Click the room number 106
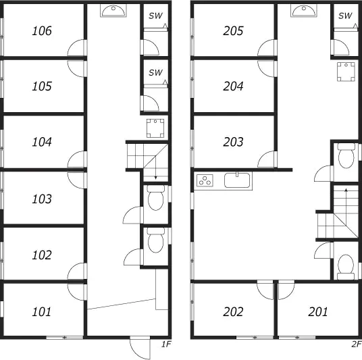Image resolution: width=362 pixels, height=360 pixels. pos(42,30)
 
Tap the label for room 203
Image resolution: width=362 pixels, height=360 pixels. pos(233,142)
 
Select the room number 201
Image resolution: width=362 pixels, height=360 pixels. pos(318,312)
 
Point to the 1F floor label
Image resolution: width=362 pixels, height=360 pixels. pos(166,344)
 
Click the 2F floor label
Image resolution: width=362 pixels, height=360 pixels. pos(357,344)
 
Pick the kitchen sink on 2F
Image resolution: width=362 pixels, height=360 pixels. pos(237,180)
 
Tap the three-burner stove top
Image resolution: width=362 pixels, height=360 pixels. pos(205,180)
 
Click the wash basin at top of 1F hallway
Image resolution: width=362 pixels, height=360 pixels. pos(113,11)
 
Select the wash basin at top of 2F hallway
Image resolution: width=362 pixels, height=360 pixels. pos(304,11)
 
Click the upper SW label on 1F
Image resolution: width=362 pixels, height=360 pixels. pos(155,16)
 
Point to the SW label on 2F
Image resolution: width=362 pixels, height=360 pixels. pos(345,16)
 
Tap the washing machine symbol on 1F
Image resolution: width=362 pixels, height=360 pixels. pos(155,128)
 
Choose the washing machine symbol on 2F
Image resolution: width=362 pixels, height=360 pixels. pos(346,72)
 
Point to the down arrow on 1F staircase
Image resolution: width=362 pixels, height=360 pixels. pos(155,168)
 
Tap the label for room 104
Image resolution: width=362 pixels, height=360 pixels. pos(42,142)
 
